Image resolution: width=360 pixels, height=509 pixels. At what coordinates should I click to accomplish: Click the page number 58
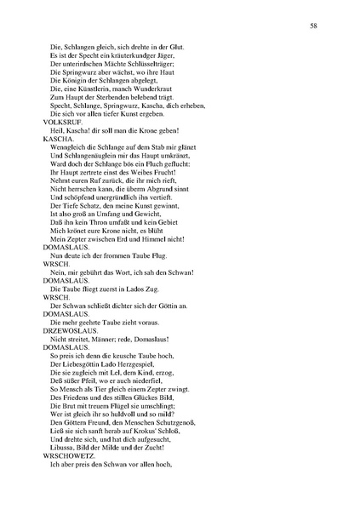click(314, 27)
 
